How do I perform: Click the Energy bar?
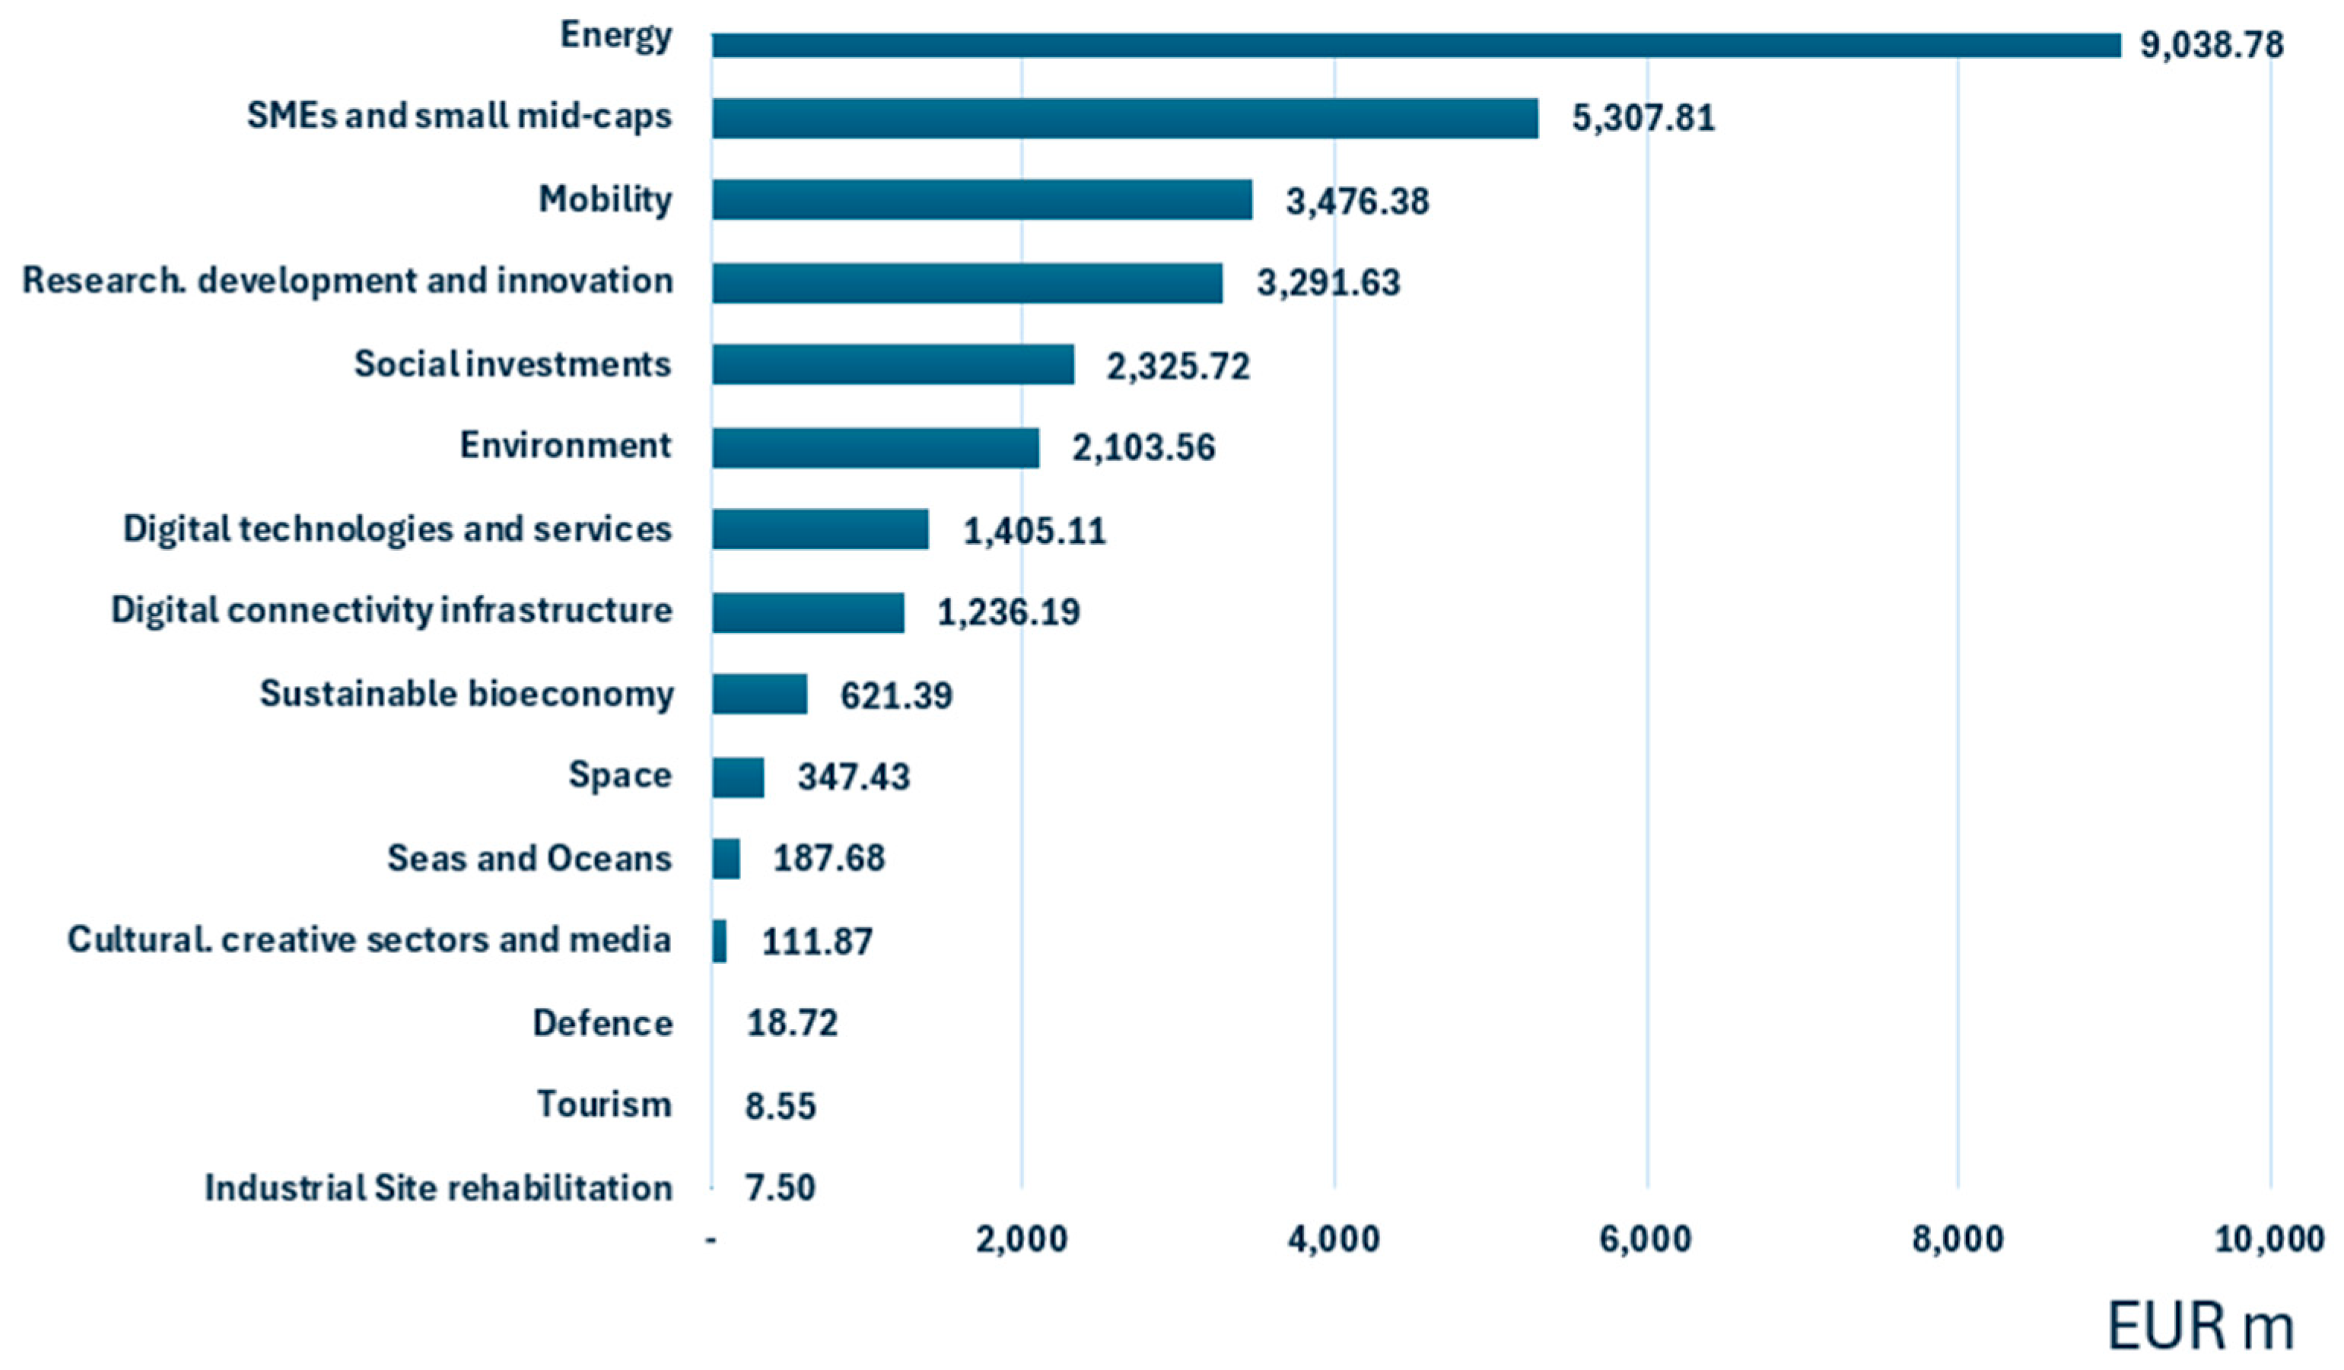[x=1414, y=46]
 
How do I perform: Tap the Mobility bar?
[x=981, y=200]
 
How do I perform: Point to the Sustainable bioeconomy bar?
[x=759, y=694]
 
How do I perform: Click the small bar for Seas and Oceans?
[x=726, y=859]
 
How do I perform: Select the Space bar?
[x=738, y=777]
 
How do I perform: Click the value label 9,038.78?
[x=2210, y=45]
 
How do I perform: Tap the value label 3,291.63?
[x=1328, y=283]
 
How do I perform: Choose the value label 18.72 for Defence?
[x=791, y=1023]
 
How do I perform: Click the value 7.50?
[x=780, y=1187]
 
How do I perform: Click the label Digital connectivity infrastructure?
[x=391, y=611]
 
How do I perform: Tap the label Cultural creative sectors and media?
[x=368, y=940]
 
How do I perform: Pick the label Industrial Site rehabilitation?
[x=437, y=1187]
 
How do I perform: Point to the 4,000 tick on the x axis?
[x=1333, y=1240]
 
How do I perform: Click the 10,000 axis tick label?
[x=2269, y=1240]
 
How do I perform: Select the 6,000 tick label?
[x=1645, y=1240]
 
